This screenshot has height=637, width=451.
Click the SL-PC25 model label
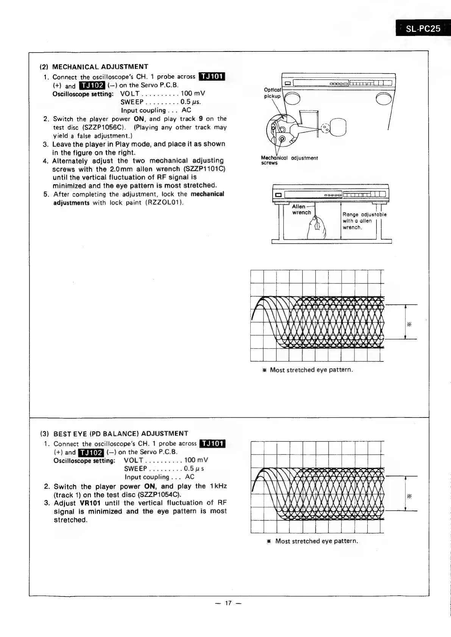pos(423,28)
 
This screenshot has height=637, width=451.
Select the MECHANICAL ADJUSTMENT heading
pos(100,67)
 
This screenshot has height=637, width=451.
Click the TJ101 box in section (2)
pos(212,77)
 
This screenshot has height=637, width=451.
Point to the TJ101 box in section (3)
pos(212,443)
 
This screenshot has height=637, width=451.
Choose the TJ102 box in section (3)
pos(91,452)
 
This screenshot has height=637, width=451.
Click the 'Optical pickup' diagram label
pos(272,93)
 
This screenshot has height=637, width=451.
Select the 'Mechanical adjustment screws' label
pos(289,160)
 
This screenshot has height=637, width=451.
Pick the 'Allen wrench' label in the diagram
pos(301,209)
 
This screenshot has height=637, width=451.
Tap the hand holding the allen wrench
pos(318,228)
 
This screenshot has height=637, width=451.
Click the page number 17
pos(228,603)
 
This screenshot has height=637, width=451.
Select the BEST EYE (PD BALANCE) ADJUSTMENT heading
pos(121,434)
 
